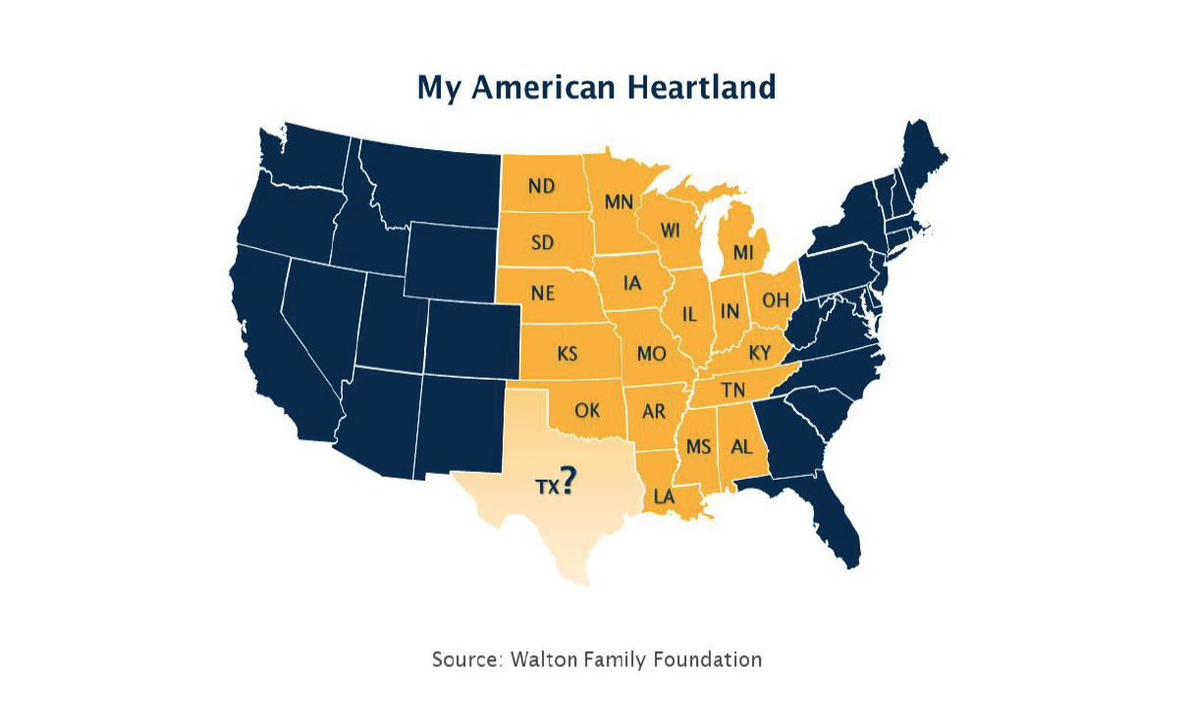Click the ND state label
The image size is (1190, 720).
click(542, 186)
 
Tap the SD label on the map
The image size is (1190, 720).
click(542, 242)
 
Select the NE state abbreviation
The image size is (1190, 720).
click(543, 293)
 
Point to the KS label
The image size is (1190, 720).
click(568, 353)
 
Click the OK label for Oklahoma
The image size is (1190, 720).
click(587, 411)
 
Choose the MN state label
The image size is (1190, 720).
click(619, 203)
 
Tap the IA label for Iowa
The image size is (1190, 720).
click(633, 283)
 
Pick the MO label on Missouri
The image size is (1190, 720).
click(650, 353)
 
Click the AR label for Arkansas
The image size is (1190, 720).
click(654, 412)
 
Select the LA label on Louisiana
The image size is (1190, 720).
click(665, 496)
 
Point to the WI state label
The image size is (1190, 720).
click(671, 231)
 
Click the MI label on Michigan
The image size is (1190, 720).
click(743, 254)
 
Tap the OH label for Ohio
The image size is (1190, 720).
click(776, 299)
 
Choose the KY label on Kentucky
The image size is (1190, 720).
click(760, 352)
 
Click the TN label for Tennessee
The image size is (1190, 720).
click(732, 390)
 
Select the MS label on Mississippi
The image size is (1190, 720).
click(698, 447)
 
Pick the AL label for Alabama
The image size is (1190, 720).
click(741, 446)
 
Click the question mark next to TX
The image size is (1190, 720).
click(568, 480)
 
